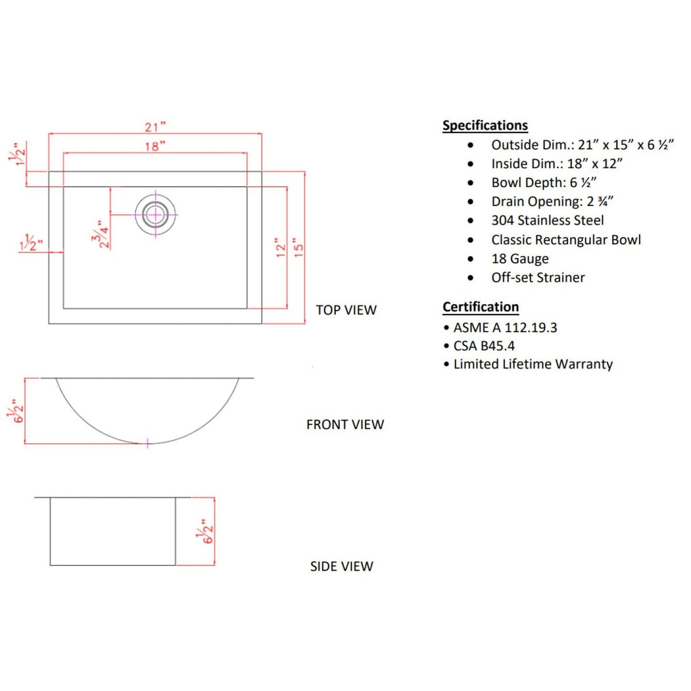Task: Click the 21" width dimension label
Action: (x=155, y=127)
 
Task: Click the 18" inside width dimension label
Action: (x=155, y=146)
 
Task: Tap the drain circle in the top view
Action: (x=155, y=215)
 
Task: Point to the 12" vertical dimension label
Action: (x=281, y=248)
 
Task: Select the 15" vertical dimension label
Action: (x=298, y=248)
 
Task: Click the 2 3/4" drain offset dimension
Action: (x=101, y=235)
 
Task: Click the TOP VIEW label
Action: (x=346, y=310)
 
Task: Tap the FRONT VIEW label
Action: (x=345, y=425)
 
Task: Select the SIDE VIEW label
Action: (x=341, y=567)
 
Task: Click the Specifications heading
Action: (x=485, y=125)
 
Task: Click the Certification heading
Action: (x=481, y=307)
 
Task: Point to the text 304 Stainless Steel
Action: (x=548, y=220)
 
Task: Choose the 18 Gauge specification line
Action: (x=520, y=259)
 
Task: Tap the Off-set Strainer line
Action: (x=538, y=278)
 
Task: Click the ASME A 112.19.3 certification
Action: (x=505, y=328)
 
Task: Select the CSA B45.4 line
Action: (x=484, y=346)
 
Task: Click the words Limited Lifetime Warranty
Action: (x=533, y=364)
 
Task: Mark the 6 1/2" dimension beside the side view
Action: (x=206, y=531)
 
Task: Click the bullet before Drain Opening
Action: (x=471, y=202)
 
